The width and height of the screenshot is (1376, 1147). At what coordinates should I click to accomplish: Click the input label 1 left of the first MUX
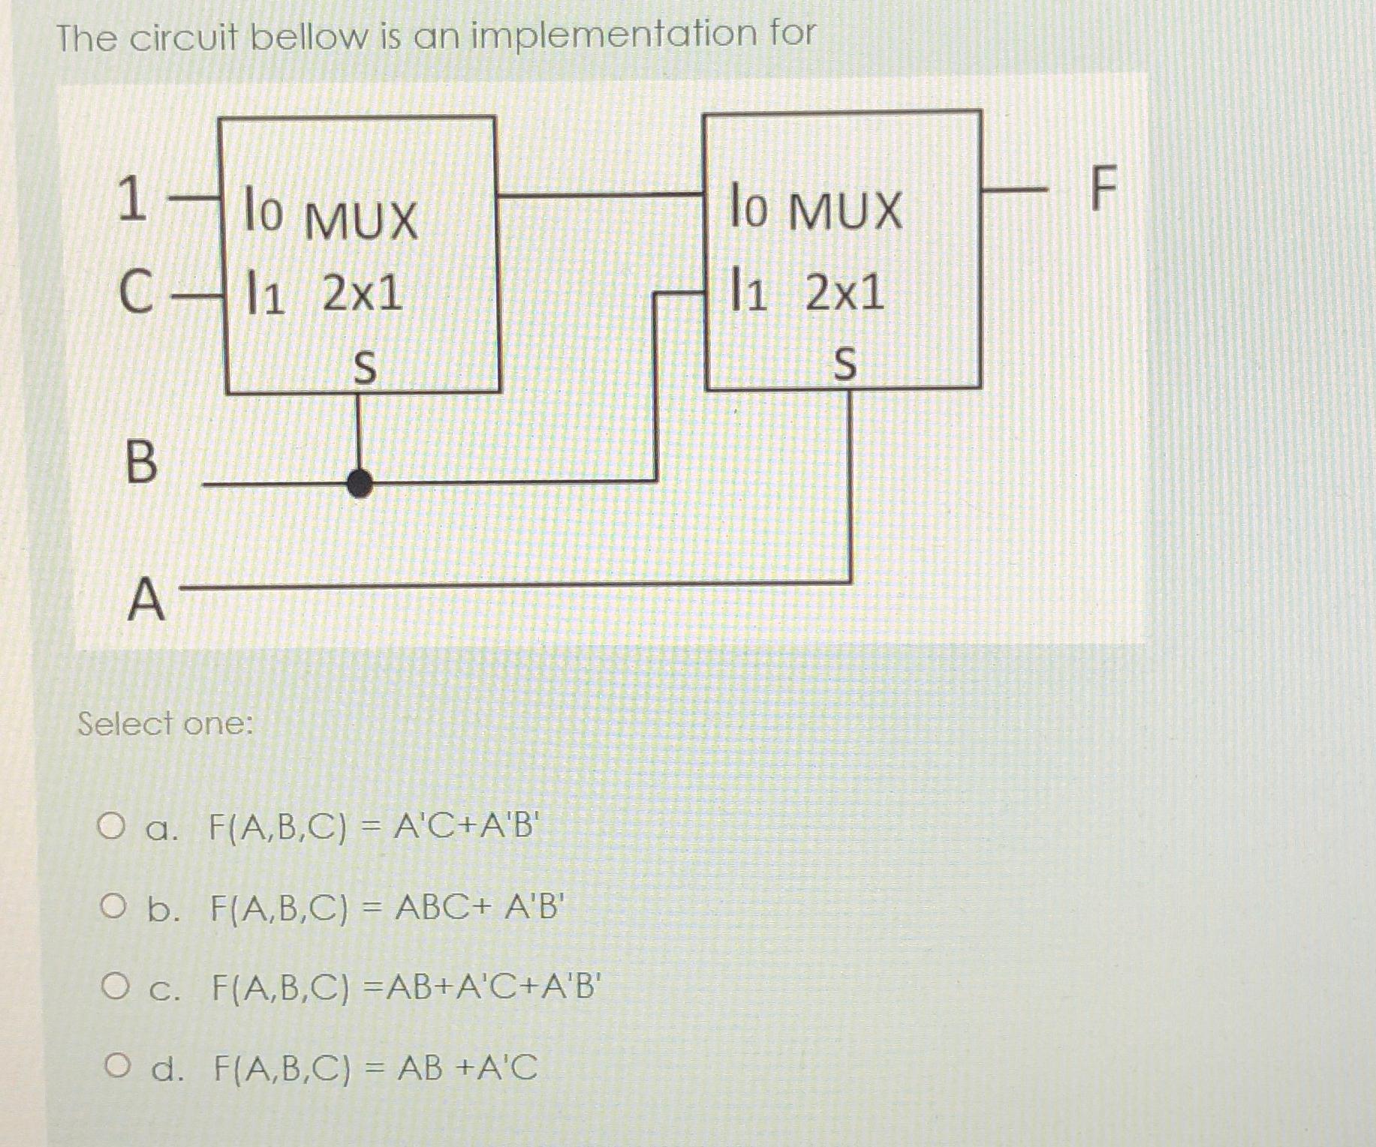(x=132, y=199)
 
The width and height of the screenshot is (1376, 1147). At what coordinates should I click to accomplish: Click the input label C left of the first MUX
(x=136, y=291)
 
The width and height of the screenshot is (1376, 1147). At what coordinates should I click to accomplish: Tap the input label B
(x=141, y=462)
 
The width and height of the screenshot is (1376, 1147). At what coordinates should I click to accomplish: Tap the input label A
(x=146, y=600)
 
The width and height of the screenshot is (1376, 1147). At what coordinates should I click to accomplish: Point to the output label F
(x=1103, y=189)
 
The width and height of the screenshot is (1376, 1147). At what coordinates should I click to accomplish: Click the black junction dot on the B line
(x=360, y=483)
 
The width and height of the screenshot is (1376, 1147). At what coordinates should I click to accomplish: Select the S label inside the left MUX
(x=364, y=368)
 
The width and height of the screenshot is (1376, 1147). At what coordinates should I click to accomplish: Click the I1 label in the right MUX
(x=748, y=293)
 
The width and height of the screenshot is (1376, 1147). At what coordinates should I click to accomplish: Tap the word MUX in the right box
(x=846, y=211)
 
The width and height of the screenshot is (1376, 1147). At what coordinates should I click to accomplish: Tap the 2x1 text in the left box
(x=363, y=293)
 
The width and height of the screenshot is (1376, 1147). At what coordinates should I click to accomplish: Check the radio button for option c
(x=114, y=986)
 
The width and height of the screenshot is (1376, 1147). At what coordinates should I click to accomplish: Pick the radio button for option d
(x=116, y=1064)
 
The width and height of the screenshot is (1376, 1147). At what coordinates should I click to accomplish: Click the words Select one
(x=166, y=724)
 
